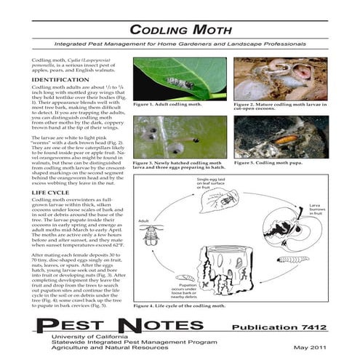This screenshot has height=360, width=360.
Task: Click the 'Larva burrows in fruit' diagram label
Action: point(316,212)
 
